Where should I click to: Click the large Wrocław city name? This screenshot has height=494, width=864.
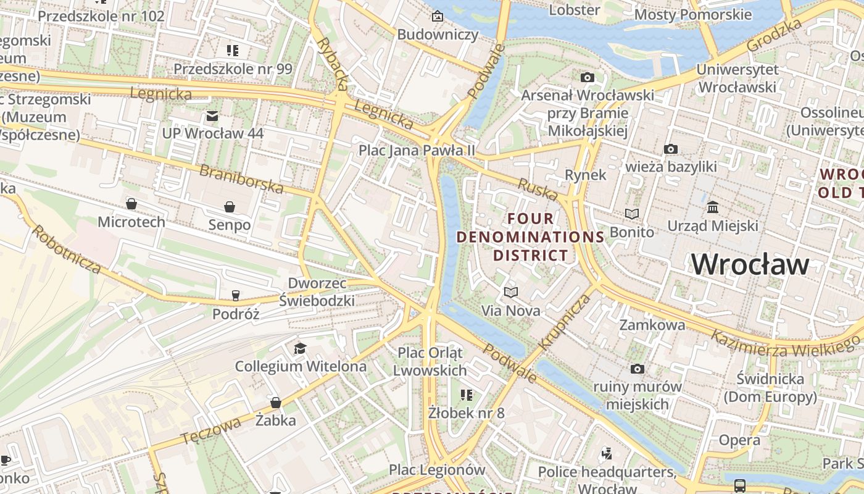[x=749, y=264]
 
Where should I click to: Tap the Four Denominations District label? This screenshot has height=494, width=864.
[x=530, y=237]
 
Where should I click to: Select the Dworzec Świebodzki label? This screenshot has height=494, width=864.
[x=317, y=292]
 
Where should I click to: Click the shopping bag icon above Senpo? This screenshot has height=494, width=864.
[x=230, y=206]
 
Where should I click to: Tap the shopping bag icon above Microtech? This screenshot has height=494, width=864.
[x=131, y=203]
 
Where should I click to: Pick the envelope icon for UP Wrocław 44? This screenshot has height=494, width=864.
[x=212, y=115]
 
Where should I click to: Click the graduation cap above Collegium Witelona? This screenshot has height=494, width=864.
[x=300, y=349]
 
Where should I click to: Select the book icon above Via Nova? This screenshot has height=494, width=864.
[x=510, y=292]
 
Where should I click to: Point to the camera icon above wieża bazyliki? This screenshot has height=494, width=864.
[x=671, y=149]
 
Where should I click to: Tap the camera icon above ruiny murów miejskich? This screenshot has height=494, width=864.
[x=638, y=369]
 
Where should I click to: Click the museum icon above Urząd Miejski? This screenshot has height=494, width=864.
[x=713, y=207]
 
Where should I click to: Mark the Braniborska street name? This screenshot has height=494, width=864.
[x=241, y=178]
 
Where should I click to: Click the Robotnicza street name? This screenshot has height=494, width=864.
[x=67, y=249]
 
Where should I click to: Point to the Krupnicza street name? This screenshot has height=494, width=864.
[x=565, y=322]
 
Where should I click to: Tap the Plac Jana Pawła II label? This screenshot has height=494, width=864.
[x=417, y=150]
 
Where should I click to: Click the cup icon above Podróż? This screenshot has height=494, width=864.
[x=235, y=296]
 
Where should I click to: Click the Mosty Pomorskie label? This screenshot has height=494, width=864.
[x=692, y=14]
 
